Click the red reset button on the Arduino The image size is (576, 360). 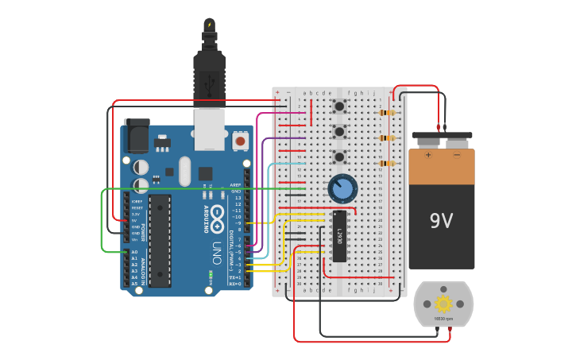[240, 141]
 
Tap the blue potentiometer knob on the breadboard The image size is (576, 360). [342, 189]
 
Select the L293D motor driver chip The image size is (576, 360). [339, 236]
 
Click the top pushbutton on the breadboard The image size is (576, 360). [339, 106]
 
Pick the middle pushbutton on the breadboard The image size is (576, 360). [339, 131]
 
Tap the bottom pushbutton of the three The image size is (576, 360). [339, 156]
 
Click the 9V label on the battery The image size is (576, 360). [441, 221]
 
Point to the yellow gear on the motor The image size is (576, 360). [443, 303]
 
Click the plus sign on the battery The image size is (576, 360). [428, 155]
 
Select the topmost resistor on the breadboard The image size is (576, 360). [388, 113]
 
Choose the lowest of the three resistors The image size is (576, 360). [388, 163]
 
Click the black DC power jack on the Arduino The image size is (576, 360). [137, 136]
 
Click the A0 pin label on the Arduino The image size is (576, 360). [134, 252]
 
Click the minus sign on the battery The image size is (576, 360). [456, 155]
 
